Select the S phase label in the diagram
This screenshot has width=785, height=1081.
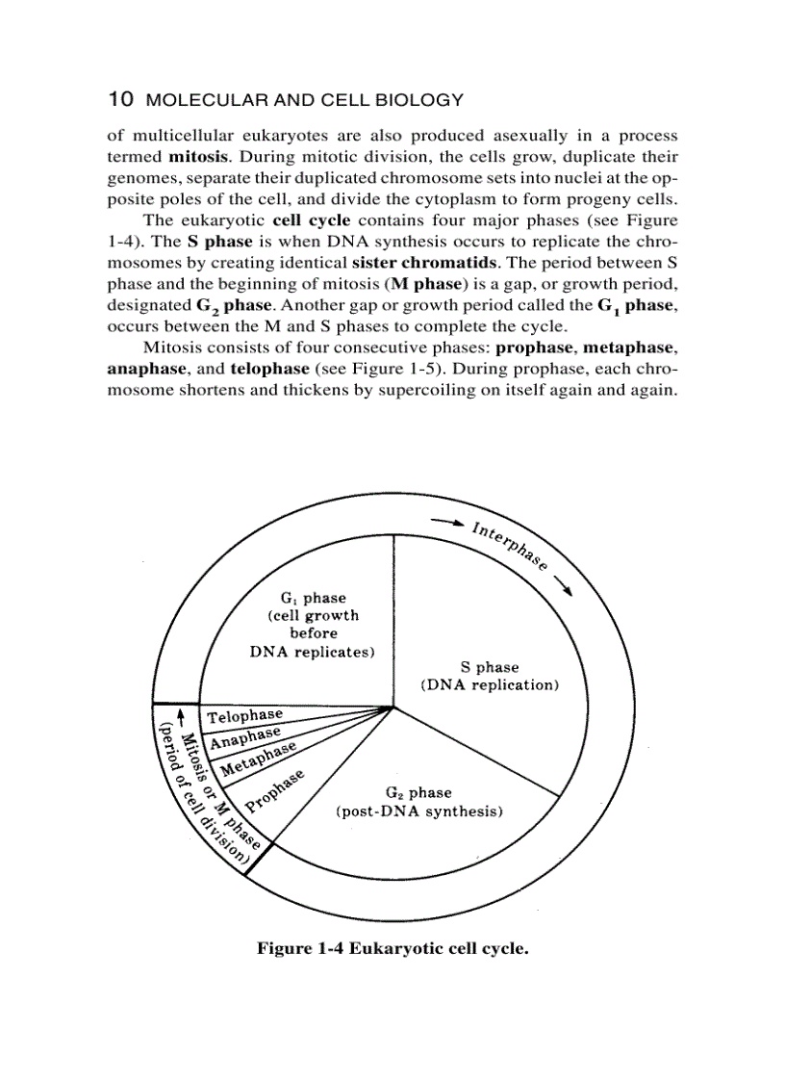tap(490, 667)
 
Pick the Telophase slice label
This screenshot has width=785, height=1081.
tap(245, 715)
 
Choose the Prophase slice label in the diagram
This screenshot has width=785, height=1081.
tap(275, 788)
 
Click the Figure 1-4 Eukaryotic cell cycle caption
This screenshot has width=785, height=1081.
tap(392, 948)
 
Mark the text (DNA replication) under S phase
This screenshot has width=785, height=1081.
tap(490, 685)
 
